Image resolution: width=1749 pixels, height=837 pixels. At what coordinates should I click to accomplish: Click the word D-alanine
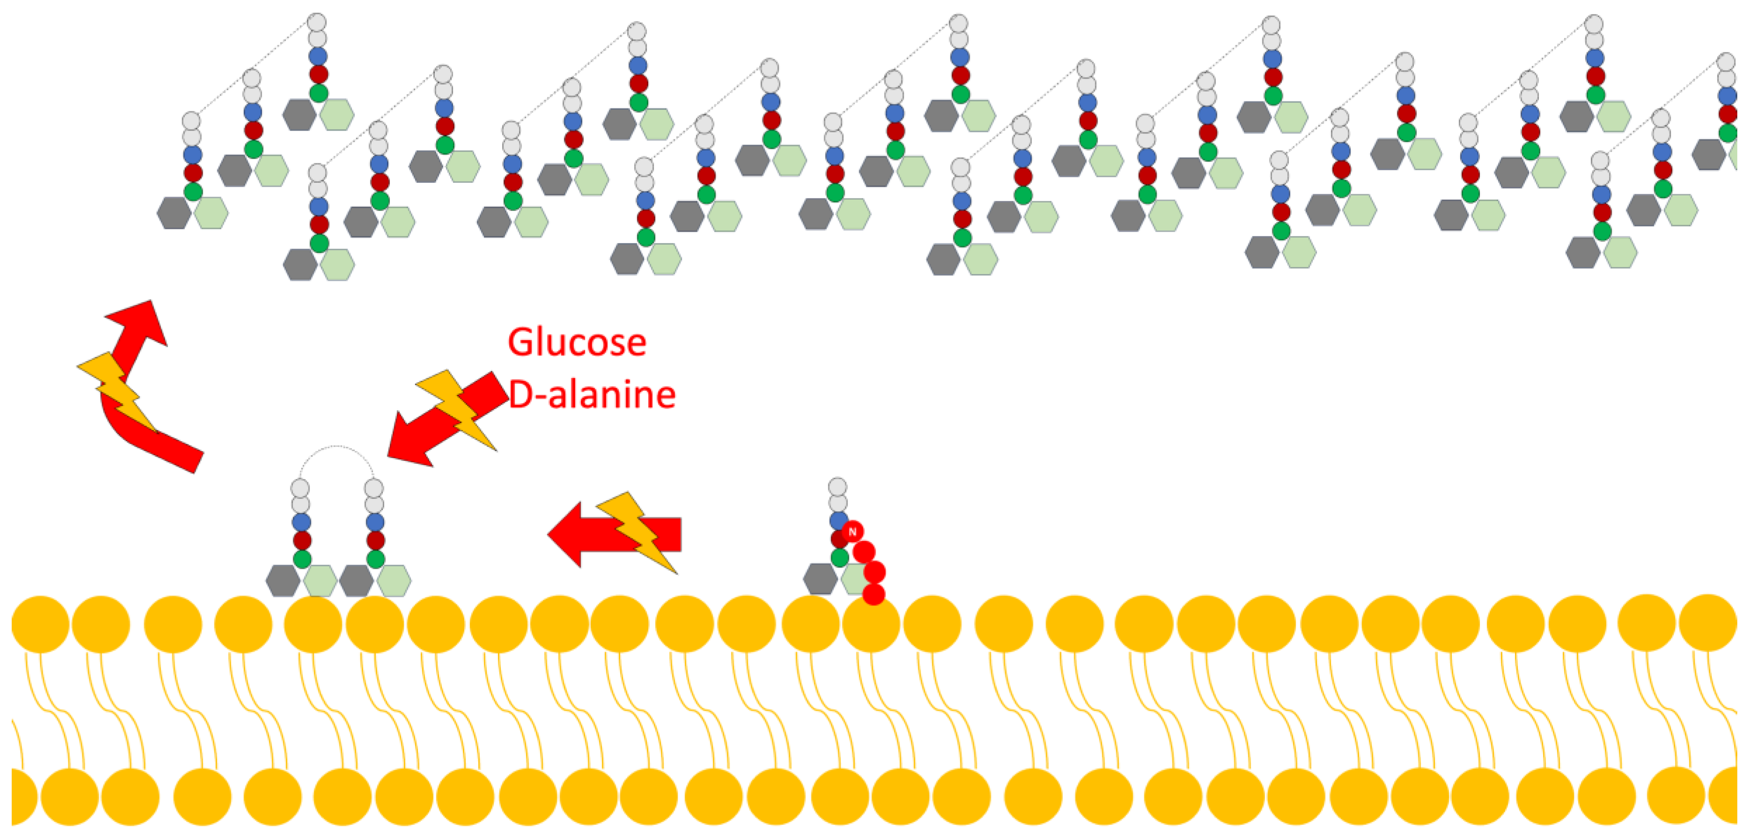(592, 394)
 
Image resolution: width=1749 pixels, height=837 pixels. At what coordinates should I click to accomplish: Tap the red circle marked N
(852, 531)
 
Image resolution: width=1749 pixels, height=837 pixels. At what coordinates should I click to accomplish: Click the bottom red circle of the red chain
(874, 594)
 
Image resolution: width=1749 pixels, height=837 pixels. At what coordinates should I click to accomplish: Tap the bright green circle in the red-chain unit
(840, 557)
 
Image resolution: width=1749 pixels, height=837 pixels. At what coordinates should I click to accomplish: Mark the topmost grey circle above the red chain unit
(838, 487)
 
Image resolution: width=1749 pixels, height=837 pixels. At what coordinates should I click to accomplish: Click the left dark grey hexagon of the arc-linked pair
(283, 581)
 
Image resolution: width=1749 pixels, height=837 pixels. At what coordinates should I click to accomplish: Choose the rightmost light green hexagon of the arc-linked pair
(394, 581)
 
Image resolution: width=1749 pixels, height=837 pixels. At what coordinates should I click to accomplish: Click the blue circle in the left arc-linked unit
(301, 522)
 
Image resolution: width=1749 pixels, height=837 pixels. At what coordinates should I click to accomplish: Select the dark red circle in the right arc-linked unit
(375, 540)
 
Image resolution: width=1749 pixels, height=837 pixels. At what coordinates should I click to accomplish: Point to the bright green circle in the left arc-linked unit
(302, 559)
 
